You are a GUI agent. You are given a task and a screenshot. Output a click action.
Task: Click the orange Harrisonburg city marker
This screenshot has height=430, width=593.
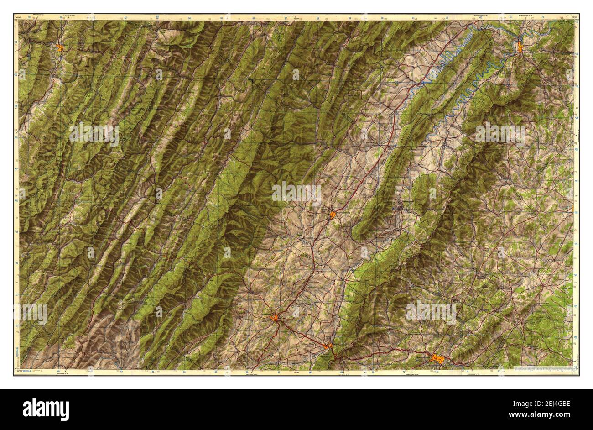333,214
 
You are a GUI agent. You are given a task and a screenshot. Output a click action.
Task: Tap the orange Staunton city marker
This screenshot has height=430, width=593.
275,318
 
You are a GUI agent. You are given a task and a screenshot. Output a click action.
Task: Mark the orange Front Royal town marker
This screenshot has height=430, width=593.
520,47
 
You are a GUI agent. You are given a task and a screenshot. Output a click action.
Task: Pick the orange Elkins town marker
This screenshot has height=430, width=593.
60,46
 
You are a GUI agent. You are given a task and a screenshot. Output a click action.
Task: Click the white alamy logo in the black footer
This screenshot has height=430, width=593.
46,409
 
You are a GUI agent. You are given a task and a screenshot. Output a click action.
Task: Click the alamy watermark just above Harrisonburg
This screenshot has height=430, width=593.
296,193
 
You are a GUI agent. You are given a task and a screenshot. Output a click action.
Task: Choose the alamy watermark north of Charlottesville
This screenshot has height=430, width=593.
431,312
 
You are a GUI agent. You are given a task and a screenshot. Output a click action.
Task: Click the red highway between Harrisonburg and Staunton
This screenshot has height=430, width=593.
307,265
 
